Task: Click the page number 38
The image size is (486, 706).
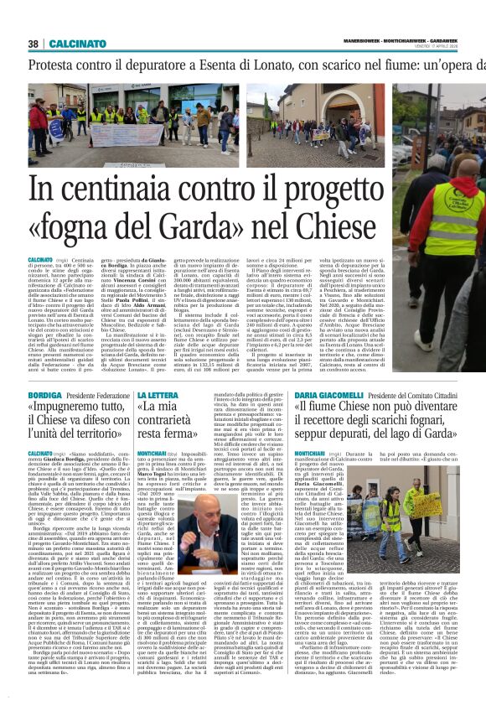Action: click(x=34, y=44)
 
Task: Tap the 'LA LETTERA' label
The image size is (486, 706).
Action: click(x=157, y=394)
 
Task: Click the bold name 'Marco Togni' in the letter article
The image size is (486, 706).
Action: click(x=161, y=471)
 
